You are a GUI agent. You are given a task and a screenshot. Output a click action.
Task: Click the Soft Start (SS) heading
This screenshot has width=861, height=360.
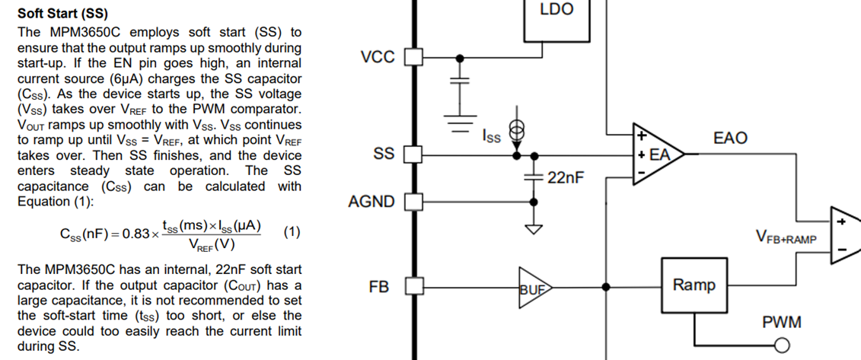click(62, 14)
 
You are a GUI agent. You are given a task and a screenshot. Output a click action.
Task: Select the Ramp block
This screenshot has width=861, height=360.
click(694, 285)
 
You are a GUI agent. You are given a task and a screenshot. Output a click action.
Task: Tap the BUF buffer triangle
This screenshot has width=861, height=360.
click(532, 288)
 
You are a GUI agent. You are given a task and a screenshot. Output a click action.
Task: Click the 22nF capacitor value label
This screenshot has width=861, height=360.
click(565, 178)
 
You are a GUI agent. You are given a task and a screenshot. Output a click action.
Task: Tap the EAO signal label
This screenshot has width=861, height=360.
click(730, 138)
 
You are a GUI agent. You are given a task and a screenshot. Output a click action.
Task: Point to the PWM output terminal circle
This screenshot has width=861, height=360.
click(780, 346)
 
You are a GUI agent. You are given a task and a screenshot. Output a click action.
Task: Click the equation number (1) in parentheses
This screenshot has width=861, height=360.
click(292, 232)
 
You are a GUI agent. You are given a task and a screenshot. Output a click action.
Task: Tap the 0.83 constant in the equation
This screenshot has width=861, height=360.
click(139, 233)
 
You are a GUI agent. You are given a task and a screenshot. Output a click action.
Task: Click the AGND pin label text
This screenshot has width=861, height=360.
click(371, 202)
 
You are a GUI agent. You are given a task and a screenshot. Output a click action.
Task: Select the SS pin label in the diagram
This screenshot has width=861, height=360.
click(384, 154)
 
